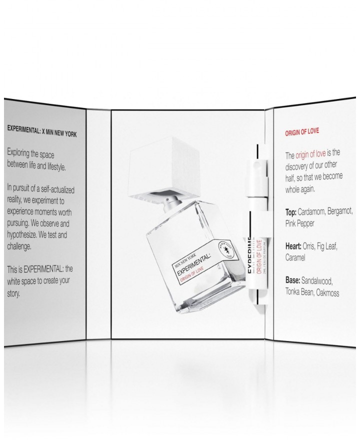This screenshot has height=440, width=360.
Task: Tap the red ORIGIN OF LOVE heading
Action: pyautogui.click(x=302, y=132)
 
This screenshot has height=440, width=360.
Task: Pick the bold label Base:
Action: pyautogui.click(x=295, y=281)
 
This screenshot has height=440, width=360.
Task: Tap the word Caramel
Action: pyautogui.click(x=298, y=257)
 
